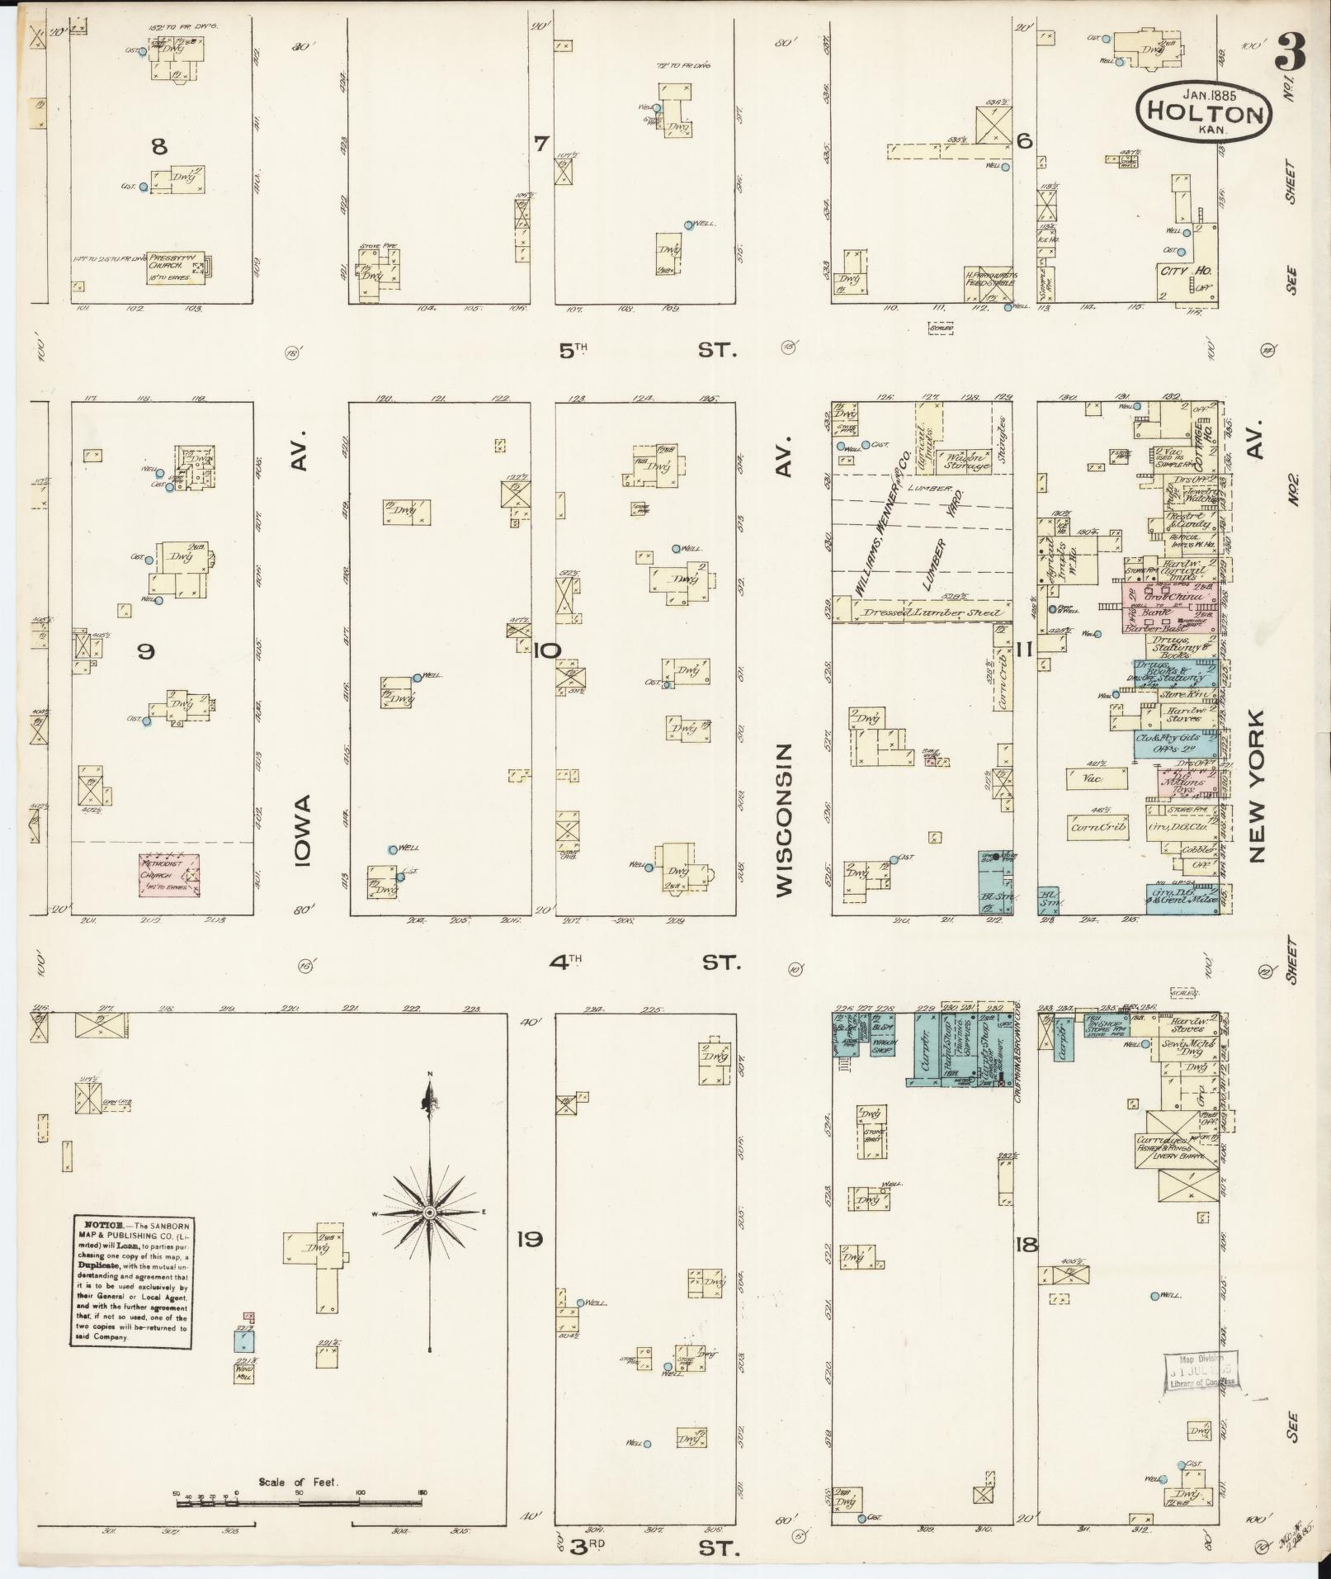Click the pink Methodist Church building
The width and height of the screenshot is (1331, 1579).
click(x=168, y=875)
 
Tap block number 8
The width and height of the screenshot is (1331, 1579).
click(x=159, y=147)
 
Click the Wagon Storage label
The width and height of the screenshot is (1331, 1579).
click(x=967, y=461)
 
